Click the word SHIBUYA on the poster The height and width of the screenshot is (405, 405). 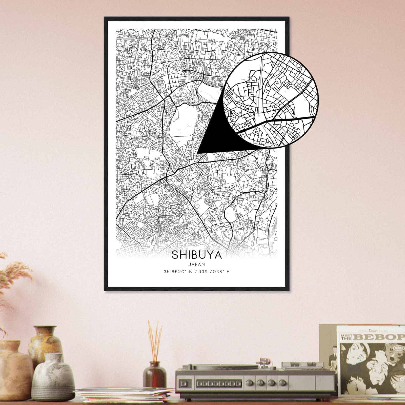197,255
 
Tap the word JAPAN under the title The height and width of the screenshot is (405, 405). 196,264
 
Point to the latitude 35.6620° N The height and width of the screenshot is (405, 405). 178,272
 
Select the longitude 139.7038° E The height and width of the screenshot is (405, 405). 215,272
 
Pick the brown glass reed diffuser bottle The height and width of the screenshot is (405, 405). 154,375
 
